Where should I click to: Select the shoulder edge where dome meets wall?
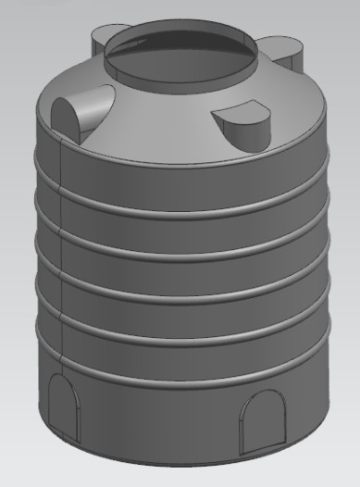185,157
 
